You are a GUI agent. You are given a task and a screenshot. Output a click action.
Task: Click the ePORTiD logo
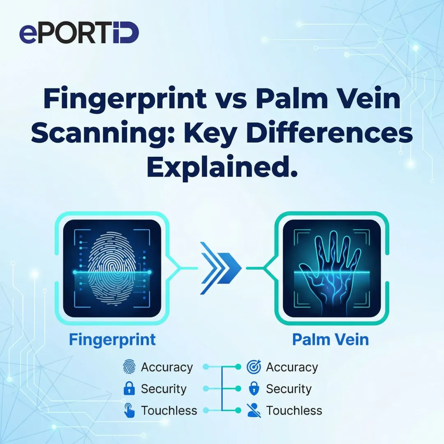[79, 33]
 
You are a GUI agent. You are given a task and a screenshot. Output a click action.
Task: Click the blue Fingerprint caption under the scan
[112, 340]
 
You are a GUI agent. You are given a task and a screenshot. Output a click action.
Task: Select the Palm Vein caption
[330, 340]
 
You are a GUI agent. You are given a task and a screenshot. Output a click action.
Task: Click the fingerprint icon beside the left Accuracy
[129, 367]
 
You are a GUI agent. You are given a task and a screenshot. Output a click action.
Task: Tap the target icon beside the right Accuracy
[254, 367]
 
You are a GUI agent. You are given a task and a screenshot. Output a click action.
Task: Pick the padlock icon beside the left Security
[129, 389]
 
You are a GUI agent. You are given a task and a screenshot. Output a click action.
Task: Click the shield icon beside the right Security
[254, 389]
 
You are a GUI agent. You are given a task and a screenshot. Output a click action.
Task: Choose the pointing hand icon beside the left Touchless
[129, 410]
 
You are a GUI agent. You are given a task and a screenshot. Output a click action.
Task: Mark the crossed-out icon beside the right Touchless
[254, 410]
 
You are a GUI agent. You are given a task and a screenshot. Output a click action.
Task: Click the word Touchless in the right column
[294, 410]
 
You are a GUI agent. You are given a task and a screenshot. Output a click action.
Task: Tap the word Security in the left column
[164, 389]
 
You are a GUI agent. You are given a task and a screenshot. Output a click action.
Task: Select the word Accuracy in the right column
[292, 367]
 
